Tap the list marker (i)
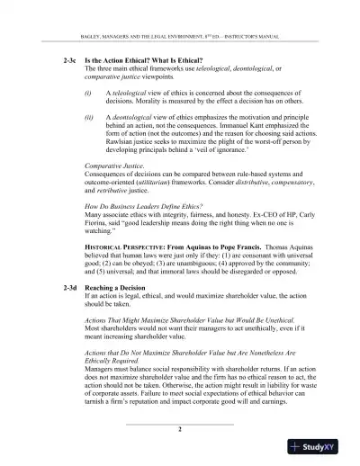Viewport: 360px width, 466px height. (x=87, y=93)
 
